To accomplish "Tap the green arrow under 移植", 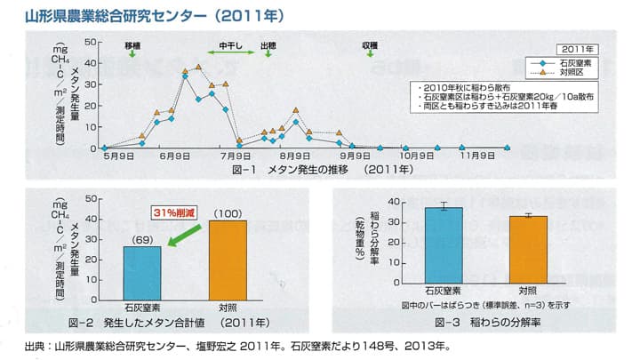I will [x=132, y=54].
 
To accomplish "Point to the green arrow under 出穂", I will [x=267, y=54].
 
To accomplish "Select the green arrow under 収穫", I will [x=369, y=54].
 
